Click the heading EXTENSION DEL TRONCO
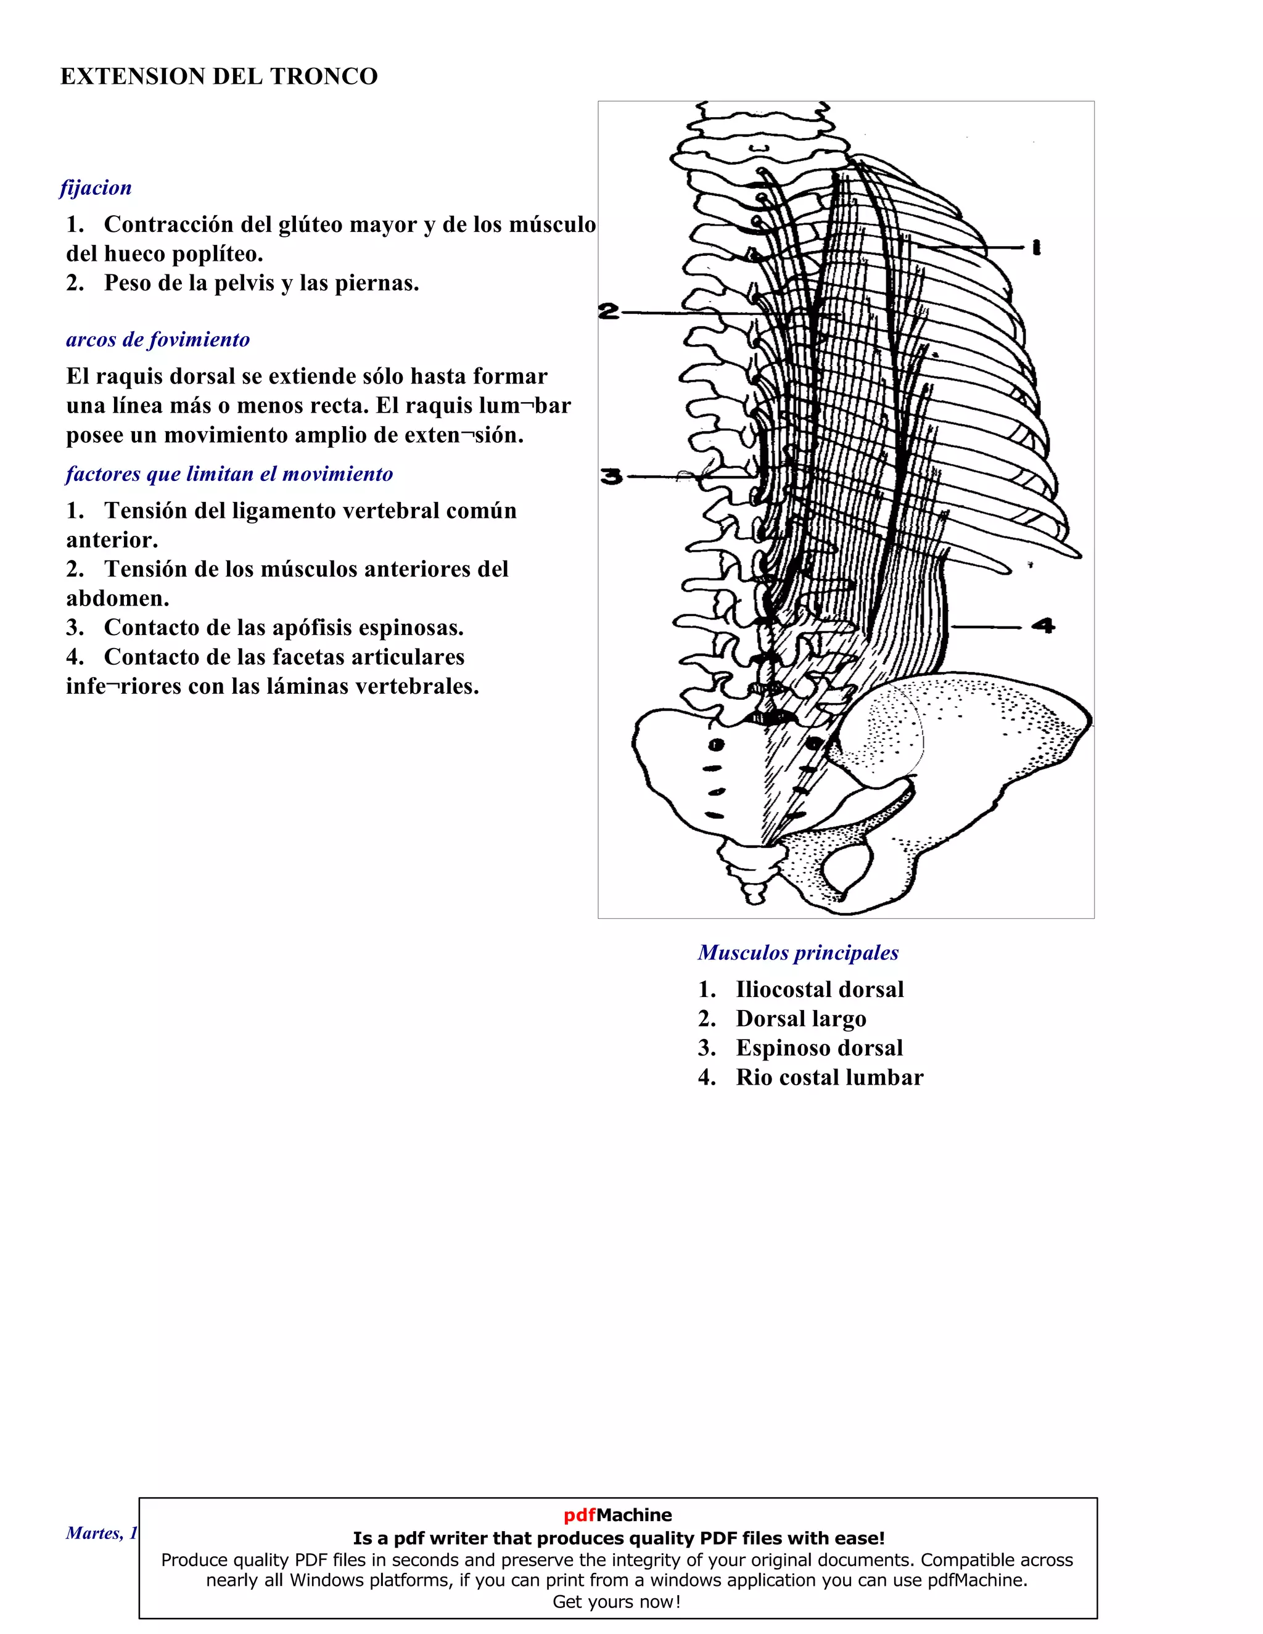pyautogui.click(x=218, y=76)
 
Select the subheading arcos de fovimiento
pyautogui.click(x=158, y=340)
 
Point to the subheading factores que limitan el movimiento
pyautogui.click(x=229, y=474)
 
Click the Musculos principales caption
pyautogui.click(x=799, y=953)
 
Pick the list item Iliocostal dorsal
pyautogui.click(x=820, y=989)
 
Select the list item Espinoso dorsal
pyautogui.click(x=820, y=1048)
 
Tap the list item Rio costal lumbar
pyautogui.click(x=829, y=1077)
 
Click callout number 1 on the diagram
pyautogui.click(x=1036, y=247)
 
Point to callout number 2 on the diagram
pyautogui.click(x=609, y=311)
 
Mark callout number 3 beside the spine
pyautogui.click(x=611, y=476)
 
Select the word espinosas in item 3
pyautogui.click(x=407, y=628)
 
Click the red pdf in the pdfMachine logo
pyautogui.click(x=579, y=1515)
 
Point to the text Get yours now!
pyautogui.click(x=617, y=1602)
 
